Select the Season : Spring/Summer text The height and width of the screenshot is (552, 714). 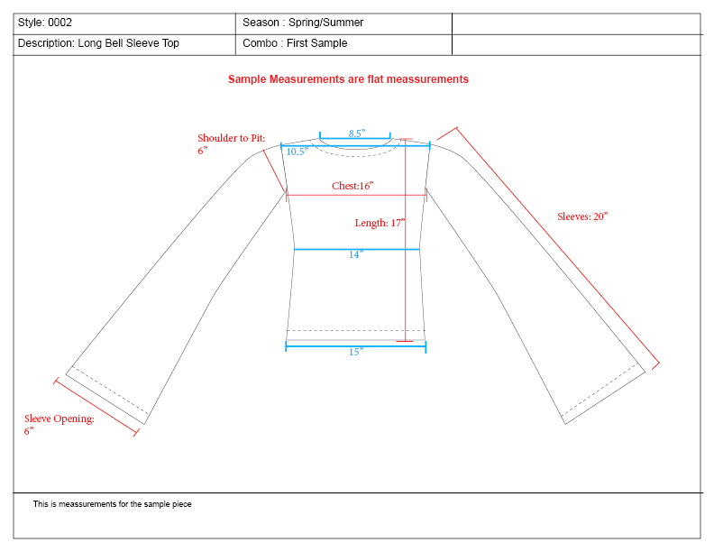[x=303, y=23]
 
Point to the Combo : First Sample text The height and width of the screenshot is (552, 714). [x=295, y=43]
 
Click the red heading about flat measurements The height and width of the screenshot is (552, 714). [x=348, y=79]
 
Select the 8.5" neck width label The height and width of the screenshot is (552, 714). [x=357, y=133]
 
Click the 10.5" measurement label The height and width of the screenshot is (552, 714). [x=297, y=152]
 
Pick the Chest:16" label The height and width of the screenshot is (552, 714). [x=352, y=186]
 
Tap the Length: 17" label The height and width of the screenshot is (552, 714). [x=380, y=223]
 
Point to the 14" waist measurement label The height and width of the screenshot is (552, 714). [x=355, y=255]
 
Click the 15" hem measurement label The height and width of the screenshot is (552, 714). [x=355, y=352]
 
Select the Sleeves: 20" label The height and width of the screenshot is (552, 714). [x=582, y=216]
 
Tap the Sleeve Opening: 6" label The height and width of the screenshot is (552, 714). [x=59, y=425]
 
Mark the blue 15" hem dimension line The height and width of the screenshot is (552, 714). [x=355, y=344]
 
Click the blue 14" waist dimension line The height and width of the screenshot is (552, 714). [x=357, y=249]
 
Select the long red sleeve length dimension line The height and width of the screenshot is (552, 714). [x=559, y=248]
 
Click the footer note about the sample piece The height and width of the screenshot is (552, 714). [x=112, y=504]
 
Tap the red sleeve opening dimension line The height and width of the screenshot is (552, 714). [x=96, y=408]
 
